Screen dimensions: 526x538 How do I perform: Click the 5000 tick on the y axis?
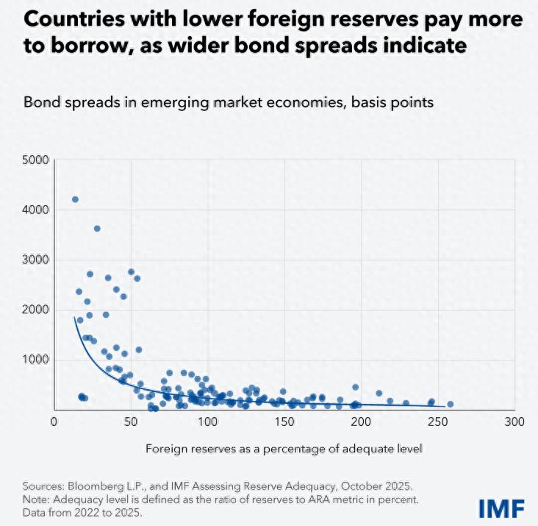pos(36,160)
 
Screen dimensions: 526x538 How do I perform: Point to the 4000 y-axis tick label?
pos(36,210)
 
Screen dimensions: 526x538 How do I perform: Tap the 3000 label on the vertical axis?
pos(36,260)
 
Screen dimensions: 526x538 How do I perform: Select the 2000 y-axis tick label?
pos(36,310)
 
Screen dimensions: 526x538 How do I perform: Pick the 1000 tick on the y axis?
pos(36,360)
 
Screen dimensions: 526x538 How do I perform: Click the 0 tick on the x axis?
pos(54,422)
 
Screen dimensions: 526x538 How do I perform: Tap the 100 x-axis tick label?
pos(207,422)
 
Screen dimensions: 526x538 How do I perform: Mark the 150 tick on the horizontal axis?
pos(284,422)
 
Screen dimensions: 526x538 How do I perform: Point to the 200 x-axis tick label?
pos(361,422)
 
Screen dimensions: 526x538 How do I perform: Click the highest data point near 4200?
pos(75,199)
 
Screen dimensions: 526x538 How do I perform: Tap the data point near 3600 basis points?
pos(97,229)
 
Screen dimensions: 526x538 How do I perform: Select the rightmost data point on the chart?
pos(451,404)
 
